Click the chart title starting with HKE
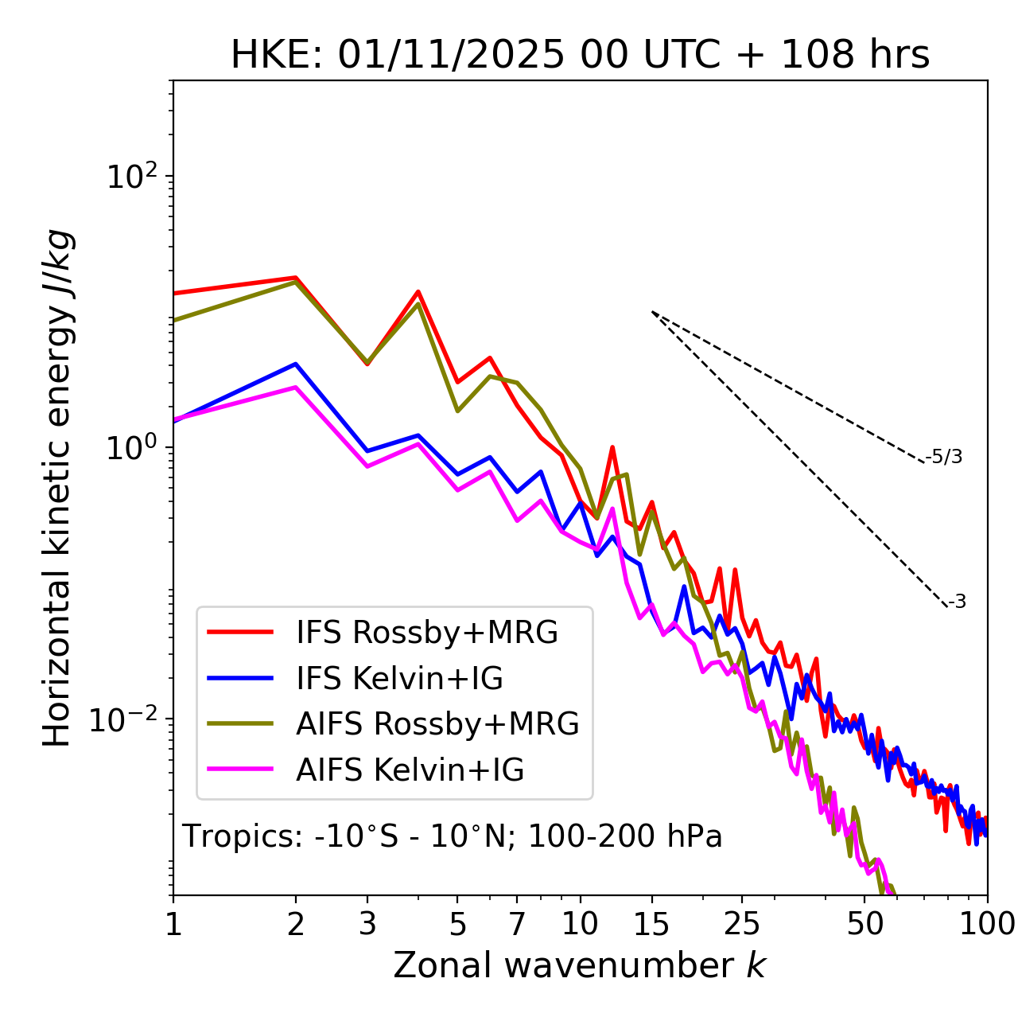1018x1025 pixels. (x=580, y=56)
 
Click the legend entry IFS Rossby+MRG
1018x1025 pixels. (x=426, y=632)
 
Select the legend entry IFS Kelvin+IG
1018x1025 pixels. (x=399, y=678)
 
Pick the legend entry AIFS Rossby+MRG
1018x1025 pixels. (x=437, y=724)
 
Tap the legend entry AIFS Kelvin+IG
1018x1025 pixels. (x=410, y=770)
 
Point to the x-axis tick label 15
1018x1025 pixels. (x=651, y=923)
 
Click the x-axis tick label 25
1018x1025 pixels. (x=742, y=923)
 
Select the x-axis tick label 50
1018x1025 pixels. (x=865, y=923)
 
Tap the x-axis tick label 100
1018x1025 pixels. (x=987, y=923)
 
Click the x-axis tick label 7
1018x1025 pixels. (x=517, y=923)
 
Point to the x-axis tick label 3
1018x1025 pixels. (x=367, y=923)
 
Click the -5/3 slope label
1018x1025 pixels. (x=944, y=457)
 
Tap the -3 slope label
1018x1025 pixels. (x=957, y=602)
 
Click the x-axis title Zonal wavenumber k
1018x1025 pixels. (x=580, y=965)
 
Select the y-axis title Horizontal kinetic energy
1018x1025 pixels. (x=57, y=489)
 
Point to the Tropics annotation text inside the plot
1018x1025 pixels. (x=453, y=836)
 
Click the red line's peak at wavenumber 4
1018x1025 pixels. (x=418, y=291)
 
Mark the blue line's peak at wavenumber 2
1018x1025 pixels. (x=296, y=364)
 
